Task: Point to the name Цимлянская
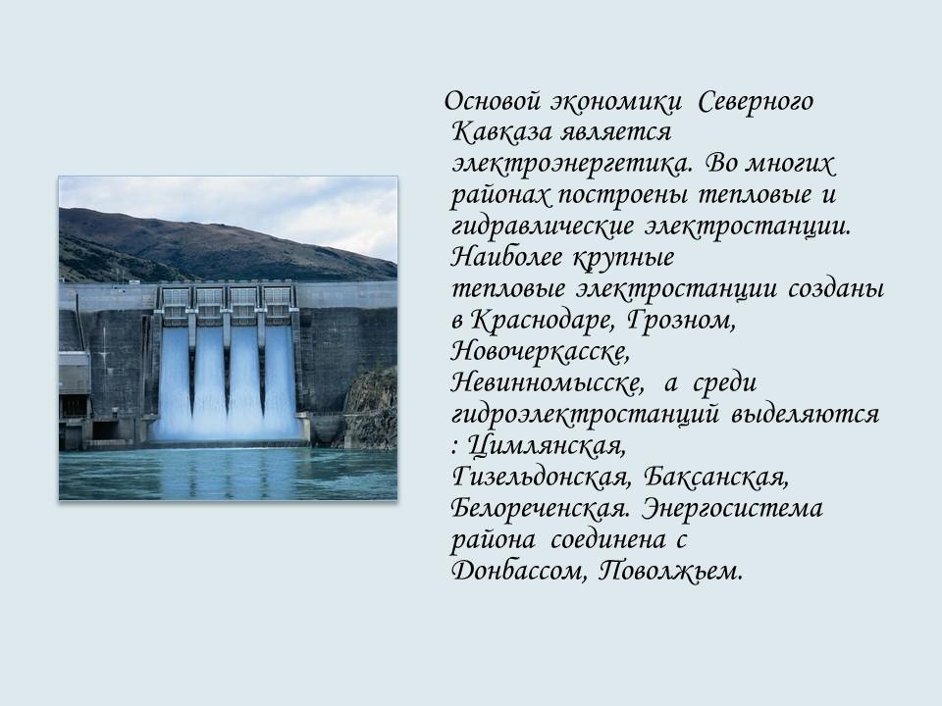(x=547, y=446)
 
